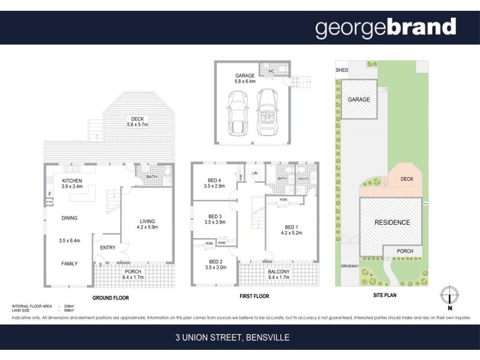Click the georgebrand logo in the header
point(386,28)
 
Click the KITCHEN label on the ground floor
point(72,180)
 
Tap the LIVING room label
point(147,220)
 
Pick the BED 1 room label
point(291,227)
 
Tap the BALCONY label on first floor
point(279,271)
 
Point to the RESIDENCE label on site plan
point(392,223)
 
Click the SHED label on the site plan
point(341,70)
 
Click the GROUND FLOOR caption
point(110,298)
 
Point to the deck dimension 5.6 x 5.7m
point(137,125)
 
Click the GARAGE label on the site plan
point(359,100)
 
